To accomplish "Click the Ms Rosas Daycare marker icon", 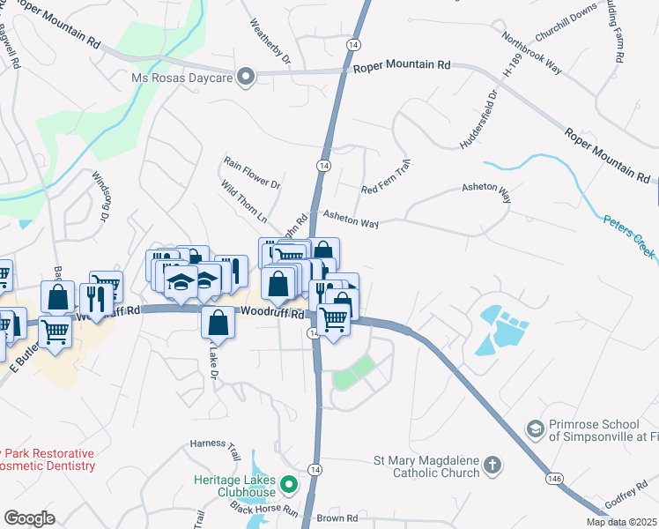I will point(248,77).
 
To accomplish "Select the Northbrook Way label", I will point(531,54).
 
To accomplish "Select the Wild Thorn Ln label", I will point(244,203).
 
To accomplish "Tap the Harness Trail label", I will point(216,451).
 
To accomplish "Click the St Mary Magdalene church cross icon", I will point(492,464).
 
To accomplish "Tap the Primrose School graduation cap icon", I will point(534,428).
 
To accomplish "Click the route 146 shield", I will point(552,478).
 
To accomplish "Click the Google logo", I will point(30,518).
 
